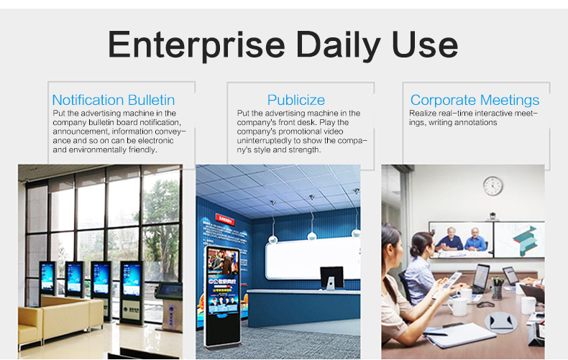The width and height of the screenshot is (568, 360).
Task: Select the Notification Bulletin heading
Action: coord(113,100)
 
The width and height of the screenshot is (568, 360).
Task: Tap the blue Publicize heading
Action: coord(296,100)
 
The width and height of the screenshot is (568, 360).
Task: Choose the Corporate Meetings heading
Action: coord(475,100)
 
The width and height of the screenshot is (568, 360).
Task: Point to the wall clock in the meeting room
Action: coord(493,185)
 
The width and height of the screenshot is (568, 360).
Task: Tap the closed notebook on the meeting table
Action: coord(460,334)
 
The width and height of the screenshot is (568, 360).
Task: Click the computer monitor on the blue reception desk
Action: coord(331,277)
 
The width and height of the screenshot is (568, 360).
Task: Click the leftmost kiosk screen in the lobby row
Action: coord(47,277)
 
